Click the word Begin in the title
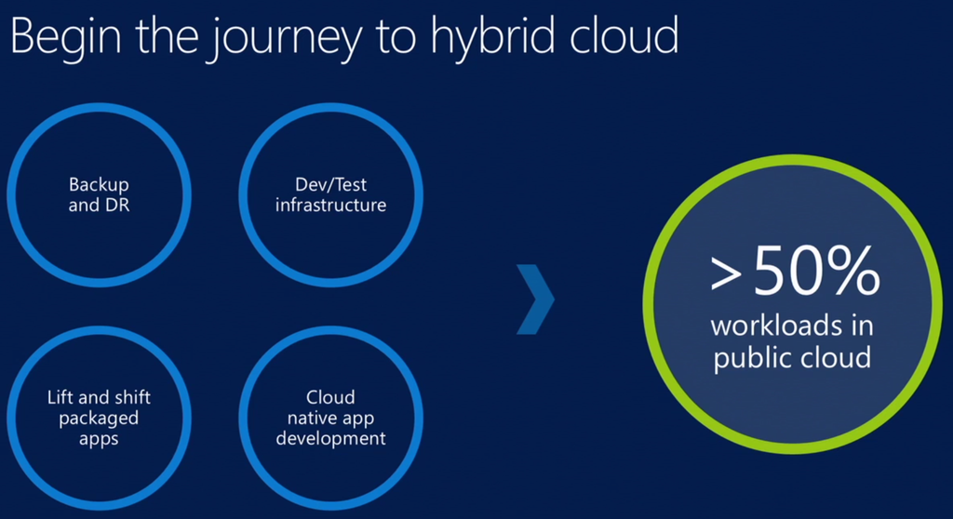66,36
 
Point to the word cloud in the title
624,34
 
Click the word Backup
99,185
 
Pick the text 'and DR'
99,206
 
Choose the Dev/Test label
330,184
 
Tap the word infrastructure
330,206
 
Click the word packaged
99,419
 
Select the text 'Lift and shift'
99,397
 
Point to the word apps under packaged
99,440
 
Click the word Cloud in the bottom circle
330,397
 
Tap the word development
330,439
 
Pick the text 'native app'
330,419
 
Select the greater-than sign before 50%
726,274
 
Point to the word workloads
776,326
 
